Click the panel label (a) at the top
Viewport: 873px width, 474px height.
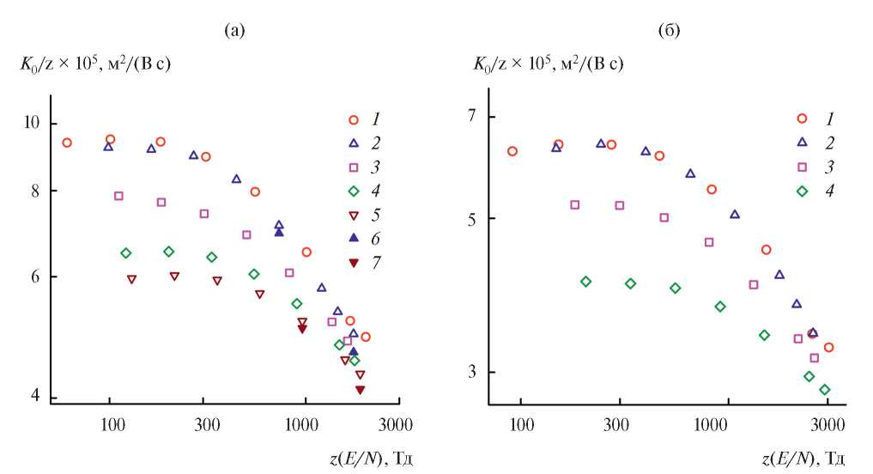point(234,32)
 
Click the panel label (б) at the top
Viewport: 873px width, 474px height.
point(669,32)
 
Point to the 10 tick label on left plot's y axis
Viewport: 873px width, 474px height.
point(32,124)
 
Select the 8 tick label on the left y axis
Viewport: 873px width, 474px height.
point(35,191)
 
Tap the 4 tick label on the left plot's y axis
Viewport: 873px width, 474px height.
point(35,397)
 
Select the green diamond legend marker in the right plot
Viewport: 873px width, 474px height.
point(803,191)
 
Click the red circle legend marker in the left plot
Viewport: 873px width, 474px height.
point(352,119)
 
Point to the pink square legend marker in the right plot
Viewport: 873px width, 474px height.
point(803,167)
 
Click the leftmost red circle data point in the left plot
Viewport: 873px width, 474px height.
point(67,143)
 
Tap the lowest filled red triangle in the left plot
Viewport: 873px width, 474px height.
point(360,390)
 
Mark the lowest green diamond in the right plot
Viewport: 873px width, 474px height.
point(824,390)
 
